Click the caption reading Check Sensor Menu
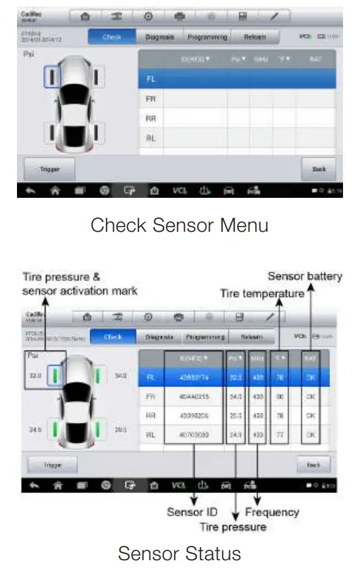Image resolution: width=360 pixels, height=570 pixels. tap(179, 225)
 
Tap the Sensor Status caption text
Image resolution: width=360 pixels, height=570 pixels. tap(179, 554)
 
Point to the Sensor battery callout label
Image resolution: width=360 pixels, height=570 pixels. tap(305, 277)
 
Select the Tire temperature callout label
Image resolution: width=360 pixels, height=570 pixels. tap(262, 294)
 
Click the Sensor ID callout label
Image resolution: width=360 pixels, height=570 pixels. tap(193, 512)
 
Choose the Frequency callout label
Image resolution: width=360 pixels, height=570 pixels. tap(272, 512)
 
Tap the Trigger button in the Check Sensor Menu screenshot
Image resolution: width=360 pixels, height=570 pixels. tap(49, 169)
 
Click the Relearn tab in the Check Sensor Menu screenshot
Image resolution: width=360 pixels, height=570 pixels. tap(254, 38)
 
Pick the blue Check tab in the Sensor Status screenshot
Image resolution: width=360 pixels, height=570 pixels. tap(112, 337)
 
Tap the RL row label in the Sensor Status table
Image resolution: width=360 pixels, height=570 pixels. tap(151, 433)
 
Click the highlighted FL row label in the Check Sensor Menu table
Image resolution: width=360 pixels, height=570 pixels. tap(151, 79)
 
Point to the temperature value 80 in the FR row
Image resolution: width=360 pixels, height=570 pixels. tap(281, 396)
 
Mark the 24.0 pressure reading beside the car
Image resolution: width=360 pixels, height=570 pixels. tap(33, 430)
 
